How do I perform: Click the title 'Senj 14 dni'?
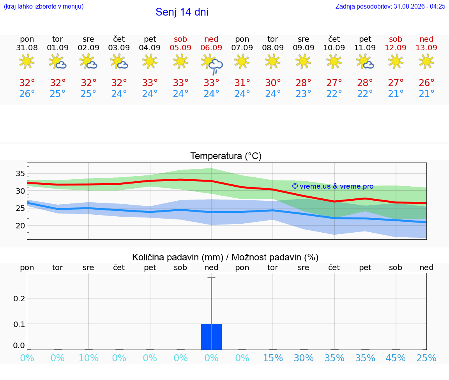point(182,12)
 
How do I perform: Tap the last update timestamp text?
point(390,6)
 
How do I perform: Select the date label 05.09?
point(180,48)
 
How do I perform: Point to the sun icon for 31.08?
point(27,61)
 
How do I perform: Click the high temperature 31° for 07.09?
point(242,83)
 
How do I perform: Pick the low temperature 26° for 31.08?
point(27,94)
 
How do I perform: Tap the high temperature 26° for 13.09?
point(426,83)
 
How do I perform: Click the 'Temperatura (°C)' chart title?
point(226,156)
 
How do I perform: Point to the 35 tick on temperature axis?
point(20,173)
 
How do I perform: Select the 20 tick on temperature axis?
point(20,226)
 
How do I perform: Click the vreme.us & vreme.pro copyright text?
point(333,186)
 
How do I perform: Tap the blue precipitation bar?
point(211,337)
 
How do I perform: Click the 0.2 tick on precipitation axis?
point(19,299)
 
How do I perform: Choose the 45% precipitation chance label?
point(396,358)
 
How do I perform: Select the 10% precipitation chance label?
point(88,358)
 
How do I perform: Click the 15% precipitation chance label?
point(273,358)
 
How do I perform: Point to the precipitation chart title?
point(225,257)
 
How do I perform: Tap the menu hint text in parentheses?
point(44,6)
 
